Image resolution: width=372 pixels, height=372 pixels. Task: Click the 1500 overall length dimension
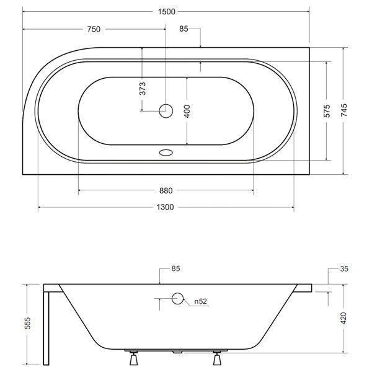(x=167, y=12)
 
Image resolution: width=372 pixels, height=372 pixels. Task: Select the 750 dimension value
(x=94, y=29)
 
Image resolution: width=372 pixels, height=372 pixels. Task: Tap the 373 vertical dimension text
(x=143, y=89)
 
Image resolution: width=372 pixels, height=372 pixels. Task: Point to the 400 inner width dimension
(x=187, y=111)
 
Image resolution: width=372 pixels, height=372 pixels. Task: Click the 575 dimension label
(x=327, y=111)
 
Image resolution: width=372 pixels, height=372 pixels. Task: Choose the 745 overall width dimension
(x=344, y=110)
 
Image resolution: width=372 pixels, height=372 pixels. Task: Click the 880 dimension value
(x=166, y=191)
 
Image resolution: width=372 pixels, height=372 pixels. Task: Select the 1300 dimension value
(x=165, y=207)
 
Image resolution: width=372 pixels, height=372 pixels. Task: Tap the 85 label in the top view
(x=184, y=29)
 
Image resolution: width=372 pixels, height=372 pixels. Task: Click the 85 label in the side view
(x=176, y=269)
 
